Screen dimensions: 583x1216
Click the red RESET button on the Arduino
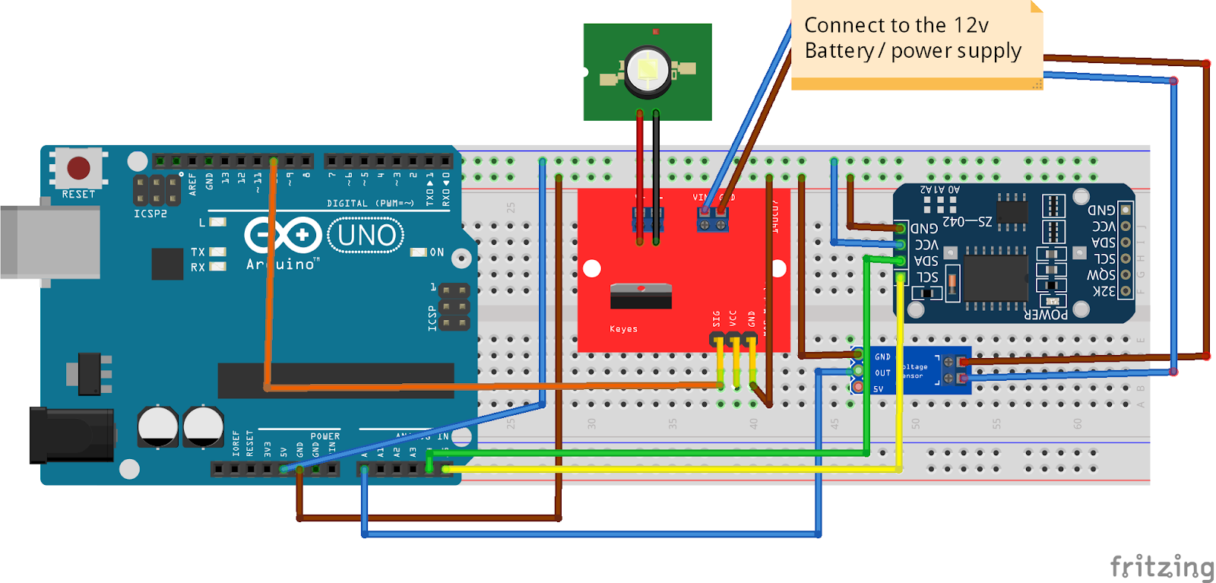pyautogui.click(x=78, y=168)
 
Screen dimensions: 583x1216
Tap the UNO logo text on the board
pyautogui.click(x=366, y=236)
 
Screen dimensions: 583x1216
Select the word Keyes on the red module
pyautogui.click(x=623, y=329)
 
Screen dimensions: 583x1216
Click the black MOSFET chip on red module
pyautogui.click(x=641, y=296)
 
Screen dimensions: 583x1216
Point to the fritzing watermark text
pyautogui.click(x=1161, y=567)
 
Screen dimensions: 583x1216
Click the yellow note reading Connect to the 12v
pyautogui.click(x=916, y=44)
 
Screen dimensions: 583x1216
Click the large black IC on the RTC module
pyautogui.click(x=996, y=278)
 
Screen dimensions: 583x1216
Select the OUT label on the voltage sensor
pyautogui.click(x=882, y=373)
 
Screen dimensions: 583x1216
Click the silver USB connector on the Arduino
pyautogui.click(x=49, y=242)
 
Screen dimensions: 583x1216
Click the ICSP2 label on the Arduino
pyautogui.click(x=150, y=214)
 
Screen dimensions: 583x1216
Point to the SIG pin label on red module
pyautogui.click(x=716, y=318)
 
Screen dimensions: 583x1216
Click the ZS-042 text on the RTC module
pyautogui.click(x=967, y=221)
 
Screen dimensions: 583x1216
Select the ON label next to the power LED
pyautogui.click(x=437, y=252)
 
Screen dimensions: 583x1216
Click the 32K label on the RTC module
pyautogui.click(x=1104, y=291)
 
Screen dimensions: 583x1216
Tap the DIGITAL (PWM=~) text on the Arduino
pyautogui.click(x=370, y=203)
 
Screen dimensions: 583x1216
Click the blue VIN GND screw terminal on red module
pyautogui.click(x=713, y=221)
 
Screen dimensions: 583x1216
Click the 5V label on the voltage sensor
pyautogui.click(x=879, y=389)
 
